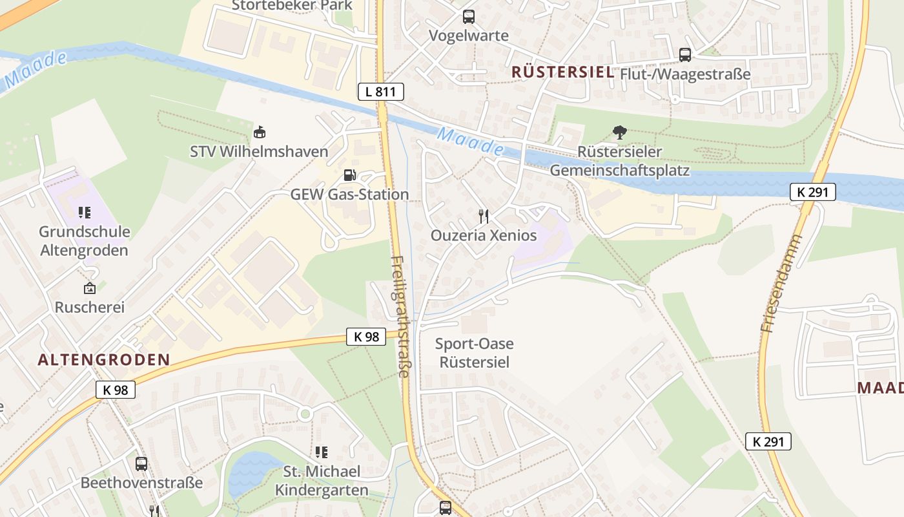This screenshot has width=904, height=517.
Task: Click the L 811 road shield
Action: tap(381, 92)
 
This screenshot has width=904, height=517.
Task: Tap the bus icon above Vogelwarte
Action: tap(468, 17)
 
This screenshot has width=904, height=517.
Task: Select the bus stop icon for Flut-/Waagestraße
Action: tap(685, 55)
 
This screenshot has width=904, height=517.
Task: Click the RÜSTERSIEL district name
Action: tap(562, 72)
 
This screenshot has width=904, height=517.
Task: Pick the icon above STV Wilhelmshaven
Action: tap(259, 132)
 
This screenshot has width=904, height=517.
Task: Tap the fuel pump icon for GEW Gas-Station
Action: tap(349, 174)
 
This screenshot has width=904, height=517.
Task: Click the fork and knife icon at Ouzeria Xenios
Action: tap(484, 216)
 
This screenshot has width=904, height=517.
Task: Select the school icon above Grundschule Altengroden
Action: tap(85, 212)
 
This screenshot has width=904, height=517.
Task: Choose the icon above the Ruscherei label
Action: tap(89, 288)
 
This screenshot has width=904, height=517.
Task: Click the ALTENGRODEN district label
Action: tap(104, 360)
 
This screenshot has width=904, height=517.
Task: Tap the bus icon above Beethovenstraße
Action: tap(141, 463)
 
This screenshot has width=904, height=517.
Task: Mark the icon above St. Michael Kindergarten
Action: tap(321, 452)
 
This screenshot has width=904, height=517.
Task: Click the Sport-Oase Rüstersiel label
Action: tap(475, 353)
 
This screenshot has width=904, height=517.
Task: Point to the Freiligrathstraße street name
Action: tap(401, 317)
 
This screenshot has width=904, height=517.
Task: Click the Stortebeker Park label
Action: tap(292, 6)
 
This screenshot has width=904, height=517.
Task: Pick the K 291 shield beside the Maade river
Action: tap(813, 192)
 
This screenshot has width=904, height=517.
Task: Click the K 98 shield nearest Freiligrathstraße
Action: tap(365, 336)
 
